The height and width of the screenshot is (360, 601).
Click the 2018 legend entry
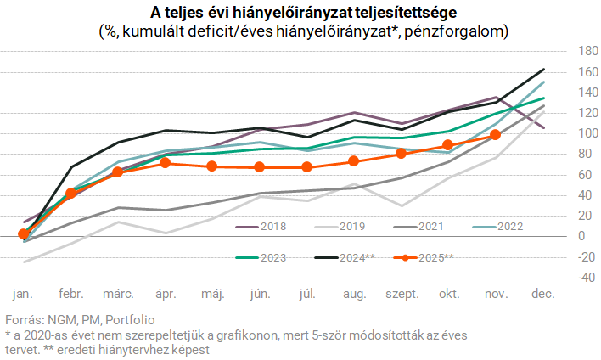[261, 227]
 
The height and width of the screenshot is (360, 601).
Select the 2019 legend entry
[346, 227]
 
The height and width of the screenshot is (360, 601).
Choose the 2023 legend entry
[261, 256]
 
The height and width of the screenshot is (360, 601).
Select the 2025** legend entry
[435, 256]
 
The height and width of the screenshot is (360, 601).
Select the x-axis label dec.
[542, 294]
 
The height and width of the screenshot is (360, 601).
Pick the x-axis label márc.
[118, 294]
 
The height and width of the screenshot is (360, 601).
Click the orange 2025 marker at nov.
[496, 134]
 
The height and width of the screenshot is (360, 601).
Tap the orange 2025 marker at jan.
[23, 233]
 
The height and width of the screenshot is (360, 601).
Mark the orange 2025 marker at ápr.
[166, 162]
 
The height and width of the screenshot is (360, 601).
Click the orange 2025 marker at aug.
[354, 161]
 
